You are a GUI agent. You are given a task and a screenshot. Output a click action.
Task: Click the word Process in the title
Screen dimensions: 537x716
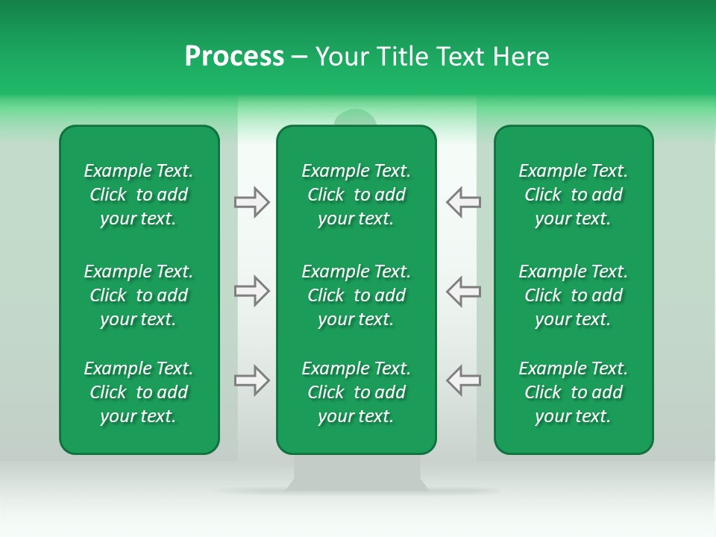[x=234, y=57]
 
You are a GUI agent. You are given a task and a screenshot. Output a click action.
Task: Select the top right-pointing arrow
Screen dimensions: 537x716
[x=252, y=202]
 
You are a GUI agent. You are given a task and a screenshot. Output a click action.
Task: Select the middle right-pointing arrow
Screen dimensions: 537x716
[x=252, y=291]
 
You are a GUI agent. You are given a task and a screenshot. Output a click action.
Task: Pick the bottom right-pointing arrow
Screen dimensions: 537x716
[x=252, y=380]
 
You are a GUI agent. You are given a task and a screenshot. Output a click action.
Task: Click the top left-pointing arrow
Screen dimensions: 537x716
[x=463, y=202]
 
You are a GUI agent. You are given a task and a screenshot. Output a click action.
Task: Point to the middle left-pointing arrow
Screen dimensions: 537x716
[x=463, y=291]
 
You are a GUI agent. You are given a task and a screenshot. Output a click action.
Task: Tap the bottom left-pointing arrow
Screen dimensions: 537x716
[x=463, y=380]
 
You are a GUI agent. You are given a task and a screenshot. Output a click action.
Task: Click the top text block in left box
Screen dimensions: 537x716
[x=139, y=195]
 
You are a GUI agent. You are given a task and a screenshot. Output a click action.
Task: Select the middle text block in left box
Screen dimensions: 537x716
[x=139, y=295]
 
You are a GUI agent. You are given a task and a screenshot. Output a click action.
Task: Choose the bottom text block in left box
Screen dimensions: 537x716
[x=139, y=392]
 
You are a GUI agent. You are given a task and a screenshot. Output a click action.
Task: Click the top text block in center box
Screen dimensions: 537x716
[x=357, y=195]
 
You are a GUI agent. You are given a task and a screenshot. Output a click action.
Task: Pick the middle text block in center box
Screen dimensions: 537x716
[x=357, y=295]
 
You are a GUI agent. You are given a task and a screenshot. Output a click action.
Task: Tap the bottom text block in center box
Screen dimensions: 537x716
[x=357, y=392]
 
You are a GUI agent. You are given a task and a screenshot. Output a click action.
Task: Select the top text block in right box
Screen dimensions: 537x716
[x=574, y=195]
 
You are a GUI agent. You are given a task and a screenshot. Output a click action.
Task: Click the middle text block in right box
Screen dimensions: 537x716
[x=574, y=295]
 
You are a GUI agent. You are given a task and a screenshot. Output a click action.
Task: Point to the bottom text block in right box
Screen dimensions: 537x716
[x=574, y=392]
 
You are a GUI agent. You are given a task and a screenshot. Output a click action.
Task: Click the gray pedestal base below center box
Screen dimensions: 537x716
[x=357, y=473]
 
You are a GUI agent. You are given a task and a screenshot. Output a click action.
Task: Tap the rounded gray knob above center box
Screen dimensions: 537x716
[x=356, y=117]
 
